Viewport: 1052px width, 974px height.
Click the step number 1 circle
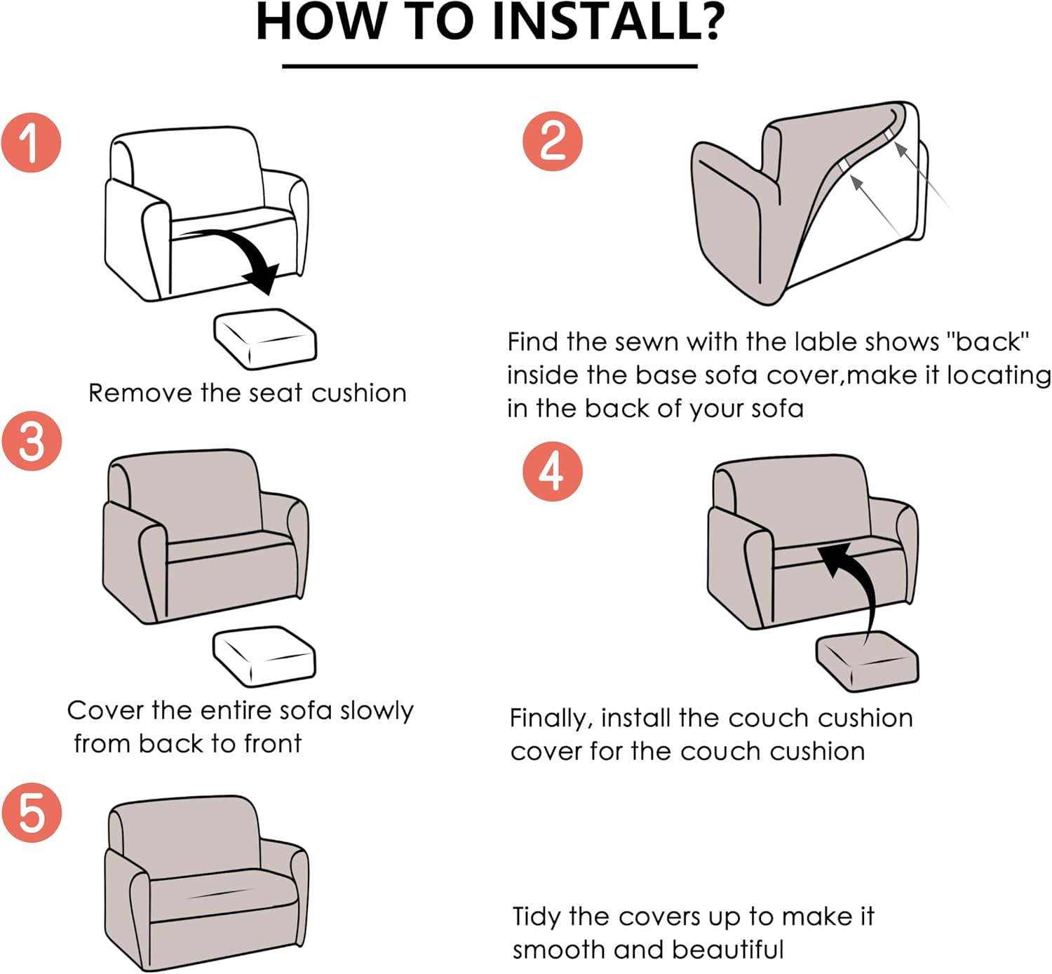(32, 142)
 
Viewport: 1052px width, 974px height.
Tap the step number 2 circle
(553, 141)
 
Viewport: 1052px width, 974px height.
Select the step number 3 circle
(32, 440)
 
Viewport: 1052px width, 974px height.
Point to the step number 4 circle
(553, 471)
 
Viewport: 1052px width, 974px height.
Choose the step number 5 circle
(32, 812)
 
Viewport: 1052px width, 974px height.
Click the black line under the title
(490, 66)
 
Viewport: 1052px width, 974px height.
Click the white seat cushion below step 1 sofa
(265, 339)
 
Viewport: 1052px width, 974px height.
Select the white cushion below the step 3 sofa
(264, 656)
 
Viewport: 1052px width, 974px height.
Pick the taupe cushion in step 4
(867, 661)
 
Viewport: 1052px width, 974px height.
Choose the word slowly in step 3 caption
(377, 711)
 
